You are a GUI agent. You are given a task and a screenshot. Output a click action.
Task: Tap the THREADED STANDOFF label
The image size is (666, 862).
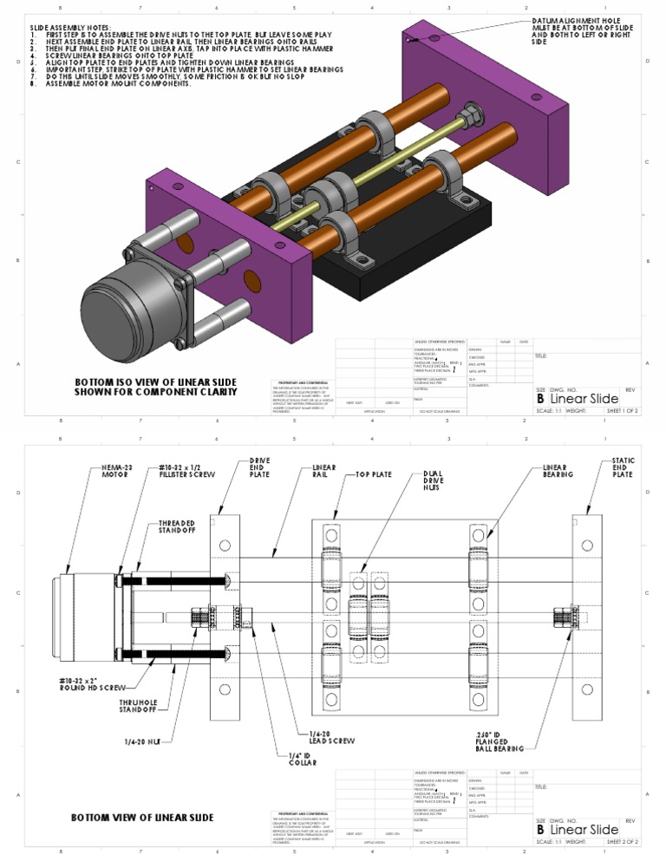(x=176, y=529)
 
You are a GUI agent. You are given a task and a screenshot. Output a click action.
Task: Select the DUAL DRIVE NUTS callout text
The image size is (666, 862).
(x=433, y=480)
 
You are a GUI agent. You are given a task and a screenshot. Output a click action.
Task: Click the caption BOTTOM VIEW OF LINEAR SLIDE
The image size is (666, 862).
(x=142, y=817)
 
